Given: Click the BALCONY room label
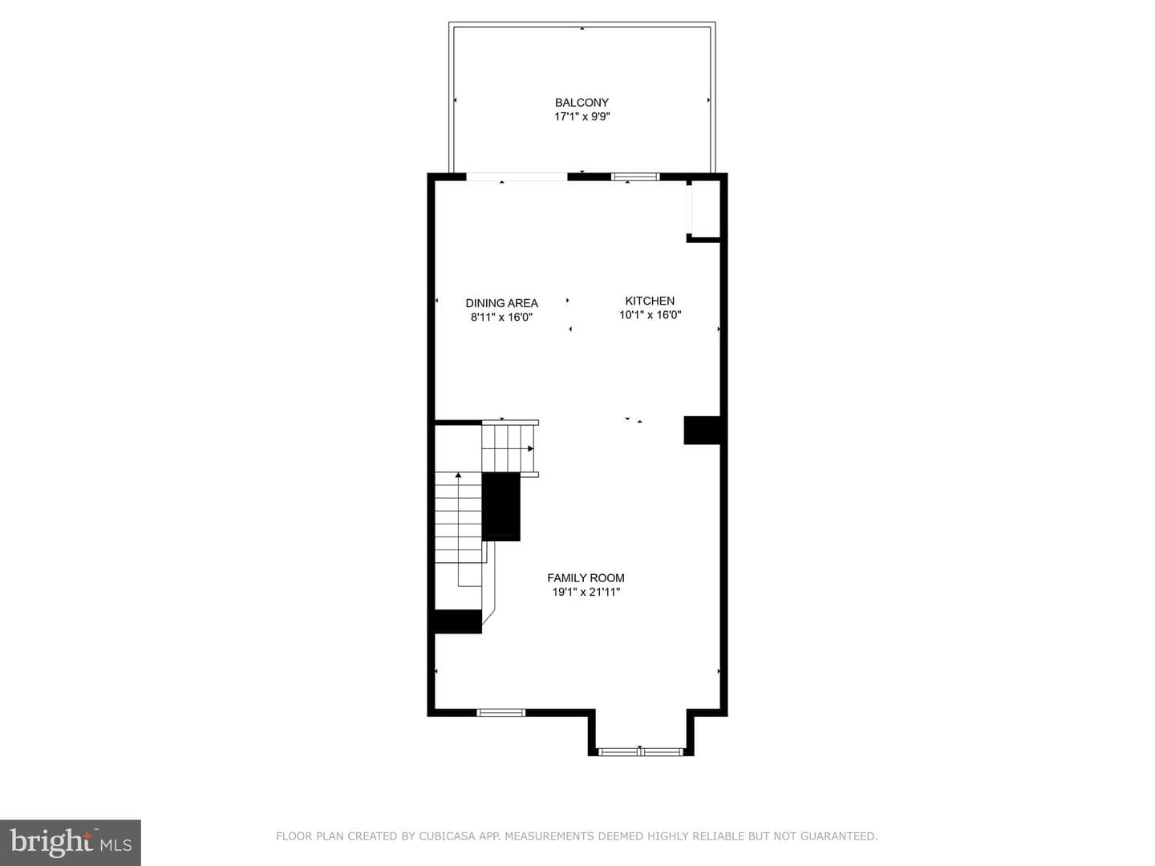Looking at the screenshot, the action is [x=582, y=103].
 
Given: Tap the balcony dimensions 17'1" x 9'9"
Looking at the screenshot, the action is [x=582, y=117].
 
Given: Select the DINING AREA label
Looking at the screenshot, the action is [x=501, y=303].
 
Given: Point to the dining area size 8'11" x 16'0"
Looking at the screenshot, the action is [x=501, y=317].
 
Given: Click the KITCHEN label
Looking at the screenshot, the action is [x=650, y=301].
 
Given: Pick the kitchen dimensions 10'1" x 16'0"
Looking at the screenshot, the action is [x=650, y=315].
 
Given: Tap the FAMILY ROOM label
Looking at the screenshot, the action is [x=586, y=578].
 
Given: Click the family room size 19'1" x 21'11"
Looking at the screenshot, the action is [x=586, y=592].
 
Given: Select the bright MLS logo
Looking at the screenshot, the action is [x=71, y=843].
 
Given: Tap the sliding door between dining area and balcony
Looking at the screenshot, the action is [x=517, y=176].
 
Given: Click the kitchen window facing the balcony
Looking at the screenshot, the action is [x=635, y=176].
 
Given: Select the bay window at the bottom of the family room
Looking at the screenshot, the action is [x=641, y=752].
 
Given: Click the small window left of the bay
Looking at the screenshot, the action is [x=501, y=713].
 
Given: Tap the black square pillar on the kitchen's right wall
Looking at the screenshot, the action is [x=702, y=430].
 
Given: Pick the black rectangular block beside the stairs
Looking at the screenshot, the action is [x=501, y=507].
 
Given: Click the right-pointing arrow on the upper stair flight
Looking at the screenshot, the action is [x=530, y=448].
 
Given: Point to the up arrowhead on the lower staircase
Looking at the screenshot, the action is [x=458, y=475].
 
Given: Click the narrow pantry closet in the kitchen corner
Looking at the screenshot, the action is [x=703, y=210].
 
